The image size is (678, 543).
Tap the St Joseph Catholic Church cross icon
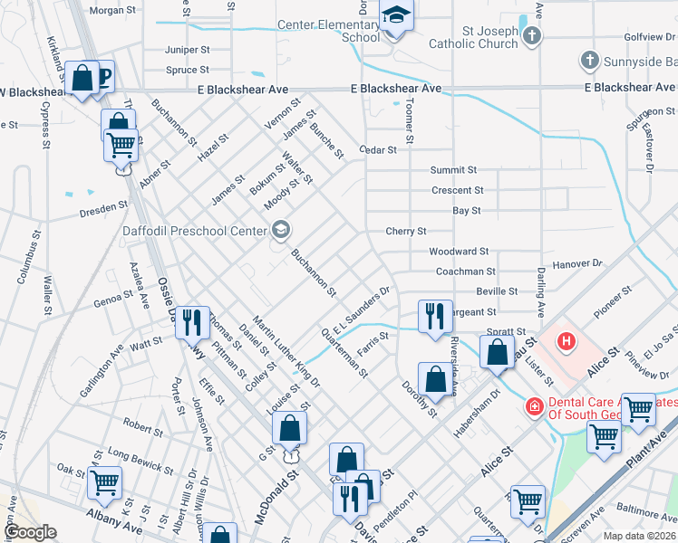532,36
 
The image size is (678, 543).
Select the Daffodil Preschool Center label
195,231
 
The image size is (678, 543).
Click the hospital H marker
567,342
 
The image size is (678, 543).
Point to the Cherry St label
406,232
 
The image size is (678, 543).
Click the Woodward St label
459,251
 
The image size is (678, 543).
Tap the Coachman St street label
465,271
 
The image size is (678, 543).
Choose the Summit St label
453,169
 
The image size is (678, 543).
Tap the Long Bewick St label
140,460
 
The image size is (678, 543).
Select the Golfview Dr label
646,38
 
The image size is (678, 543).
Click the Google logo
30,533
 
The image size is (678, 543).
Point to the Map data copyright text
639,536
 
